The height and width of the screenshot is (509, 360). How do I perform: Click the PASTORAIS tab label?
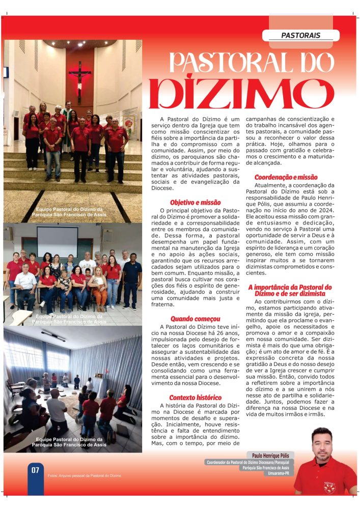click(x=300, y=36)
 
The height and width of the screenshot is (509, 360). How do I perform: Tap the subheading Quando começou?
click(x=189, y=319)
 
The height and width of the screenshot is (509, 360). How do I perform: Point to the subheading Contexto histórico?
click(x=195, y=397)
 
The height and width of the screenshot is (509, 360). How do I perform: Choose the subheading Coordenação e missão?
click(x=286, y=177)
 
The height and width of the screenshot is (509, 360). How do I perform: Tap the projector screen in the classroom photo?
click(x=57, y=241)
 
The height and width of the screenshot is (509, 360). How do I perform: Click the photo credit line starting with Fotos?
click(x=85, y=475)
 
